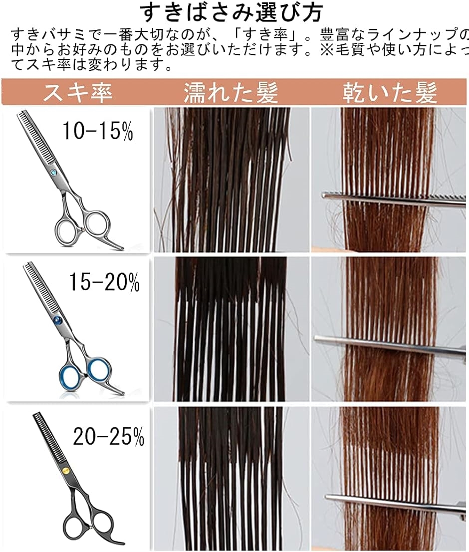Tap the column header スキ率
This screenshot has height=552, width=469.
(x=77, y=93)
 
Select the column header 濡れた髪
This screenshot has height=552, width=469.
(x=231, y=93)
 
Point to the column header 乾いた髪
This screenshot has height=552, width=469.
(x=390, y=93)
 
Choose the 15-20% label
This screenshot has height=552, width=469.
(x=105, y=283)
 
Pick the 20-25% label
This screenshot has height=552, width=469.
(x=108, y=437)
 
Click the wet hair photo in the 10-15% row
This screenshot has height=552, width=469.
(x=231, y=180)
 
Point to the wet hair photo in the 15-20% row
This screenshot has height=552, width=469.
(x=231, y=329)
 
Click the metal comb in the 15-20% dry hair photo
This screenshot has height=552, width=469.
(x=389, y=346)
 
